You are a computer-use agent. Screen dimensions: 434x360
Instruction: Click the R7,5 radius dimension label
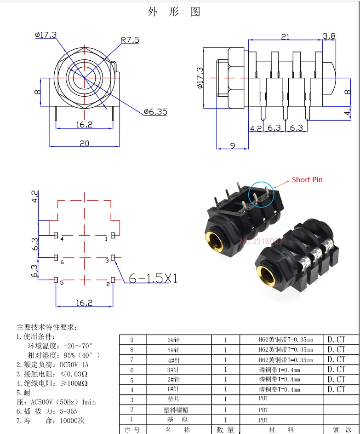(130, 40)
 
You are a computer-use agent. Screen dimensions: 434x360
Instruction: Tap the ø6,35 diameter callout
(155, 111)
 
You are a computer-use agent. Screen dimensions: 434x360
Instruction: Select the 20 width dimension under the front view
(84, 143)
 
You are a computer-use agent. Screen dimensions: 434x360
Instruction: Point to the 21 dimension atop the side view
(285, 37)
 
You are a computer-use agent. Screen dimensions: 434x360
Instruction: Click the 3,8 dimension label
(329, 36)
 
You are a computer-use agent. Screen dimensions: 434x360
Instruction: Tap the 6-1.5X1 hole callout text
(153, 278)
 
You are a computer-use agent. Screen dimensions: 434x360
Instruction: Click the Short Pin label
(307, 179)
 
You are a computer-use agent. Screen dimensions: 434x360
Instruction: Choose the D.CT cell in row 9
(336, 340)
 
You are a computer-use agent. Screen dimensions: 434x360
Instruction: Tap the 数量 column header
(225, 429)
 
